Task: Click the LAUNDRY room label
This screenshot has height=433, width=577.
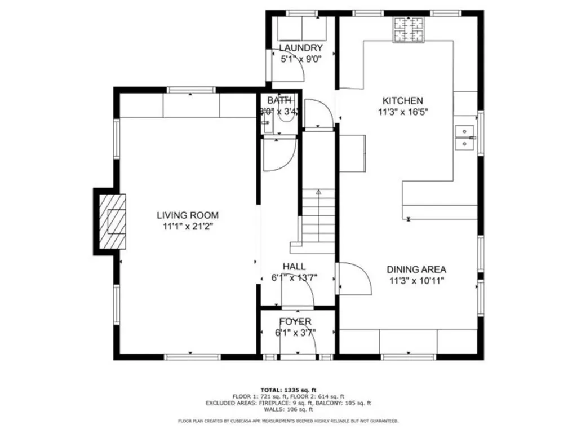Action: click(x=301, y=48)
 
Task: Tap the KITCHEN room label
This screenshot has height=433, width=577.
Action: click(x=403, y=101)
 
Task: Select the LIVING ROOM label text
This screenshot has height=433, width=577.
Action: click(x=187, y=215)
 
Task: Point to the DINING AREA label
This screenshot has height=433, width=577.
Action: click(x=416, y=269)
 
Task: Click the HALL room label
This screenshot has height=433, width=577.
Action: click(x=294, y=267)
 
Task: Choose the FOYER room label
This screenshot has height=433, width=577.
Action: click(x=295, y=321)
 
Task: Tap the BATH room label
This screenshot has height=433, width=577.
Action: click(x=279, y=101)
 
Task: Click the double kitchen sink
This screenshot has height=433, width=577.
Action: click(x=465, y=138)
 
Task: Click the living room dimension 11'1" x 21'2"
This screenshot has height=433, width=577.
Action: click(x=187, y=226)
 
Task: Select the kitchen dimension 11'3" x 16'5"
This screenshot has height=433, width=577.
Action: click(x=403, y=112)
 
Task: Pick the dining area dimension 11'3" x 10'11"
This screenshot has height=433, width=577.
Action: click(x=416, y=280)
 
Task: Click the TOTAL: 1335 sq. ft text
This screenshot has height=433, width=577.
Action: click(x=288, y=390)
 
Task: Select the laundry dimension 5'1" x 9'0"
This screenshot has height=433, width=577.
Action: click(x=301, y=58)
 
